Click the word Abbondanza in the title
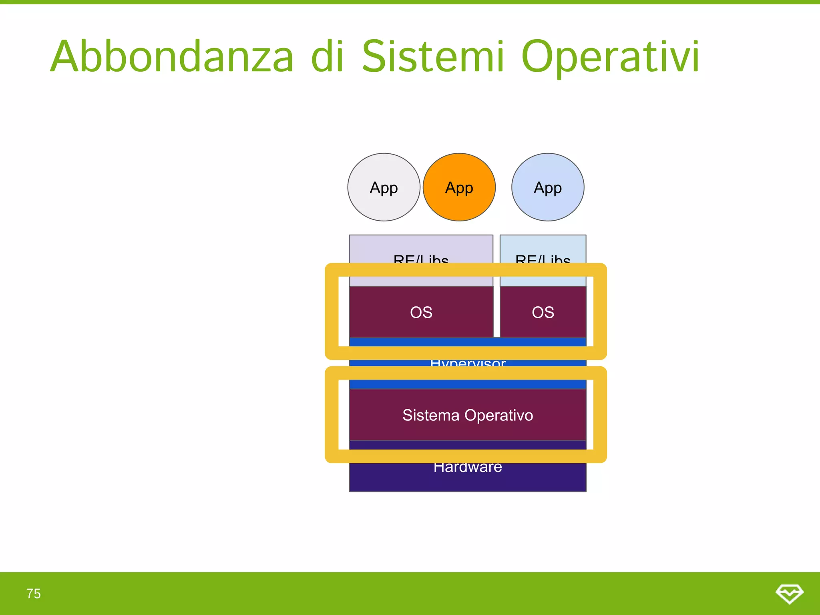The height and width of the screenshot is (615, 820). (x=172, y=57)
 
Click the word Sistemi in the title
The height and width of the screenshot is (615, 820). (x=432, y=57)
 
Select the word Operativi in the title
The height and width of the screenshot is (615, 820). (x=610, y=57)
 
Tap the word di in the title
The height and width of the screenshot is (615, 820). (x=328, y=57)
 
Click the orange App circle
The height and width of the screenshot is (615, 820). (x=459, y=187)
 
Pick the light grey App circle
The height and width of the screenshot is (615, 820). (x=384, y=187)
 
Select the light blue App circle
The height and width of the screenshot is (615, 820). (x=548, y=187)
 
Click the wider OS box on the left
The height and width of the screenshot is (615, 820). (x=421, y=312)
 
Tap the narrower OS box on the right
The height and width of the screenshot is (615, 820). (x=543, y=312)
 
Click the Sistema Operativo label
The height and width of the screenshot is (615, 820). (x=468, y=415)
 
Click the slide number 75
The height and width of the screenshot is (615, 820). (x=34, y=593)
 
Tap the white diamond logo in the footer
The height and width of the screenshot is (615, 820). (x=789, y=593)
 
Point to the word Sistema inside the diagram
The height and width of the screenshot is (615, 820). (x=431, y=415)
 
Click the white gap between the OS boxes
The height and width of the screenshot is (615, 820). (x=496, y=312)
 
